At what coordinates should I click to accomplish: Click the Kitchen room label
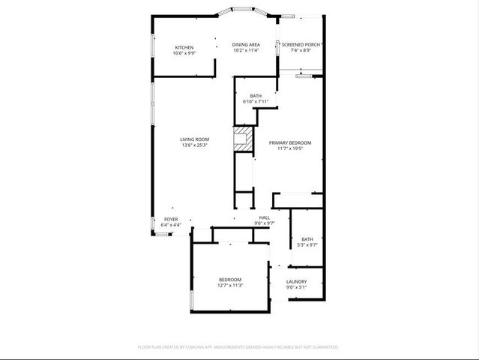pyautogui.click(x=184, y=47)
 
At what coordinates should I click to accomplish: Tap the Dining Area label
pyautogui.click(x=246, y=45)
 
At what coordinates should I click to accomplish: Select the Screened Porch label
pyautogui.click(x=301, y=45)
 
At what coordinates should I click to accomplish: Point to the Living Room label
pyautogui.click(x=194, y=139)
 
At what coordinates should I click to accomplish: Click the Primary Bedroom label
pyautogui.click(x=290, y=142)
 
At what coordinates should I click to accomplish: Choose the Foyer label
pyautogui.click(x=171, y=220)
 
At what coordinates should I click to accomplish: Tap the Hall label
pyautogui.click(x=265, y=218)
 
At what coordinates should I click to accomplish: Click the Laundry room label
pyautogui.click(x=297, y=281)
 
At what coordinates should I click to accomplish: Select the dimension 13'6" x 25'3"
pyautogui.click(x=194, y=145)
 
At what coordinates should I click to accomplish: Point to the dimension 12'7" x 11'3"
pyautogui.click(x=230, y=285)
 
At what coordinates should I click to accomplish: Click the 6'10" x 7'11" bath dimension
pyautogui.click(x=256, y=101)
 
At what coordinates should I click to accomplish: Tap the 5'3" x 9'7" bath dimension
pyautogui.click(x=307, y=244)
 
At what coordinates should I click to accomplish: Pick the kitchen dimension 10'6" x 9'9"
pyautogui.click(x=184, y=53)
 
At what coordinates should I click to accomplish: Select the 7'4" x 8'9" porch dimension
pyautogui.click(x=301, y=51)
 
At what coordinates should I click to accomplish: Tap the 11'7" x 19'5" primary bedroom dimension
pyautogui.click(x=290, y=148)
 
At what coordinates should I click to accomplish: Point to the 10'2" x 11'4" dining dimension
pyautogui.click(x=246, y=51)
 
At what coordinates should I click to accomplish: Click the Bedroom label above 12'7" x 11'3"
pyautogui.click(x=230, y=280)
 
